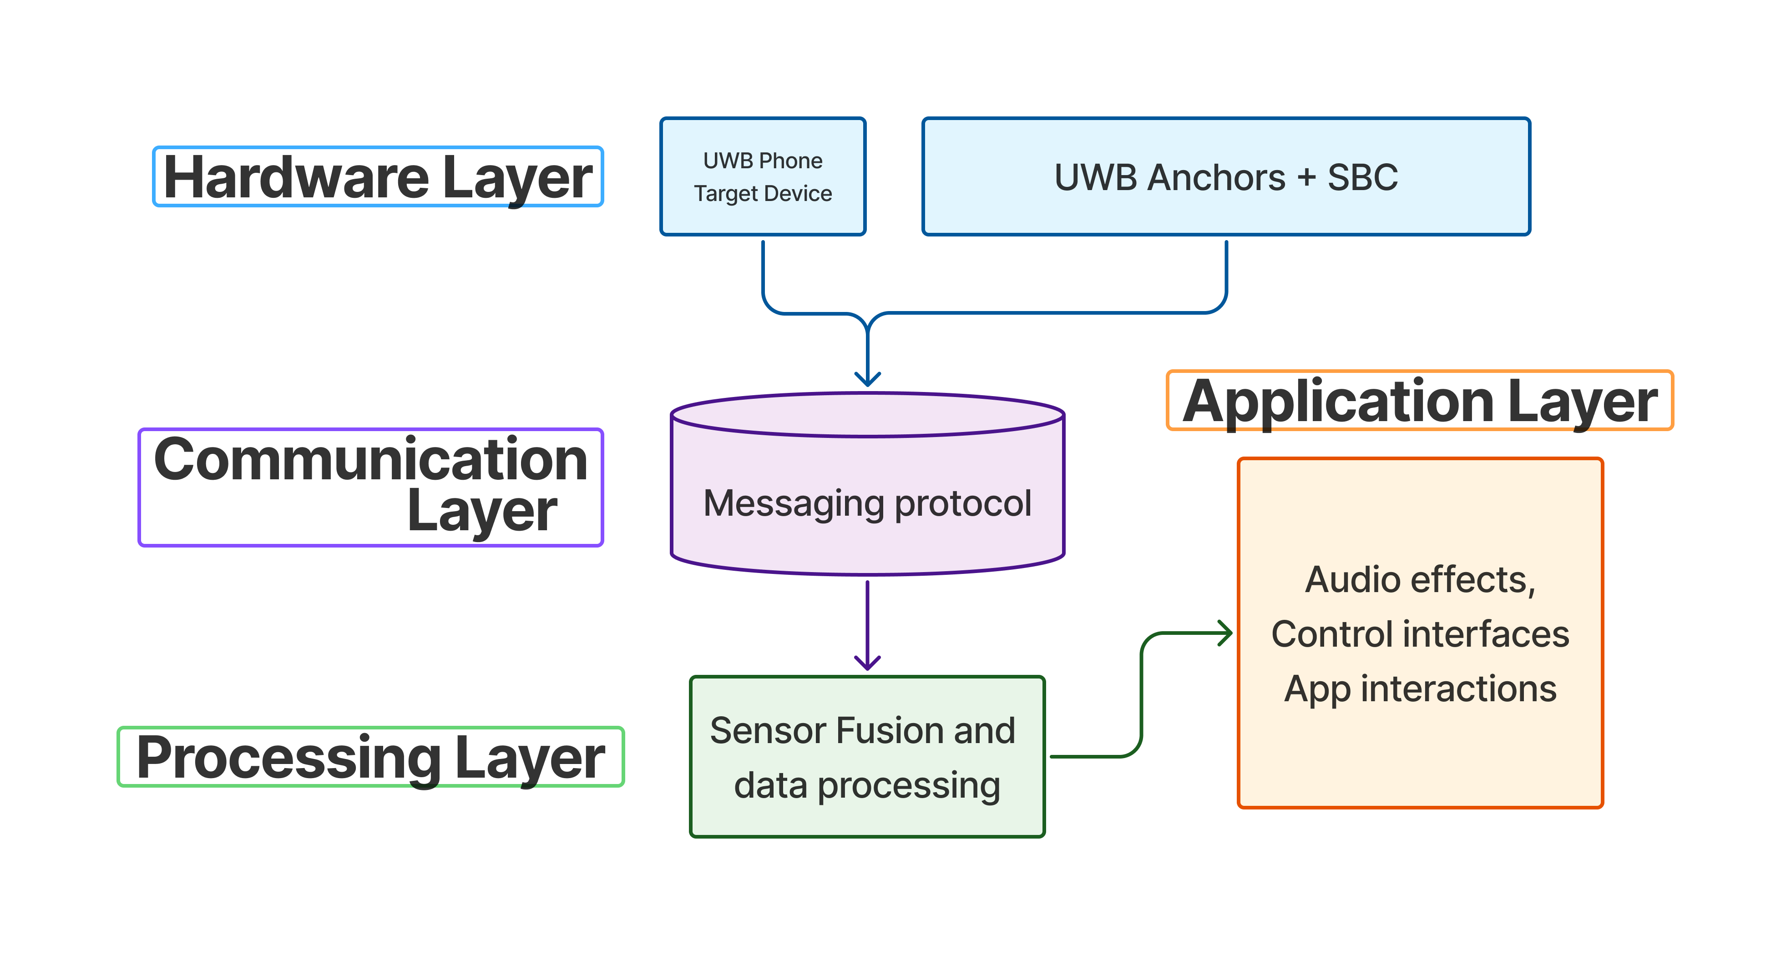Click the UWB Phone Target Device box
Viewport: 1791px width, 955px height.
click(763, 176)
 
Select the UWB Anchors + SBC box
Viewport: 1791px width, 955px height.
click(1226, 176)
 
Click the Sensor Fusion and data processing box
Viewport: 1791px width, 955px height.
click(867, 757)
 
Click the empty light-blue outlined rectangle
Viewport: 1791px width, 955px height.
click(378, 176)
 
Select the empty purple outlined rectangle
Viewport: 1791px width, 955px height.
click(370, 487)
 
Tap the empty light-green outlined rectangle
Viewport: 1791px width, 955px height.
click(370, 757)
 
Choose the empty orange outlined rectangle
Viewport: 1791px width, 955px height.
click(1420, 400)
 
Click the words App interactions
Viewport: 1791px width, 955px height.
click(1420, 689)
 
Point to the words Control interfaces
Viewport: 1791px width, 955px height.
click(1420, 634)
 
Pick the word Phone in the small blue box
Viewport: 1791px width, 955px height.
click(792, 161)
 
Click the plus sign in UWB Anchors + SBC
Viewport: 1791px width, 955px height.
click(1306, 177)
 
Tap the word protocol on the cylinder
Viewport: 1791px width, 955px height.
click(963, 504)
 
